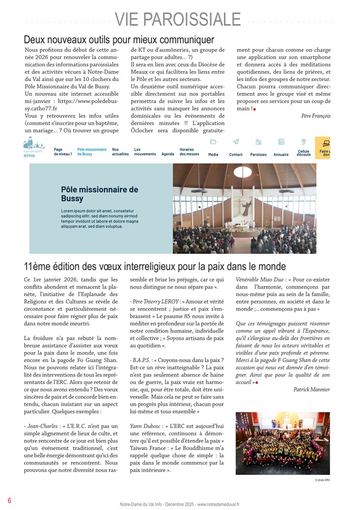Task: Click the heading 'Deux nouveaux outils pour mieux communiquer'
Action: click(x=119, y=40)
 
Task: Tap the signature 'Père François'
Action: click(x=316, y=116)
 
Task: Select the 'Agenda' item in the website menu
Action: click(x=168, y=154)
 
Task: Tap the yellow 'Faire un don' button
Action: click(x=324, y=149)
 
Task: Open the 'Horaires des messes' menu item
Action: click(x=189, y=152)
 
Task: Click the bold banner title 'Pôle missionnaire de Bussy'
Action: click(x=99, y=194)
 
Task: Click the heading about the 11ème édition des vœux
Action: click(x=155, y=266)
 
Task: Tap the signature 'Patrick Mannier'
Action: click(x=311, y=389)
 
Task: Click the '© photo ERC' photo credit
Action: click(x=322, y=480)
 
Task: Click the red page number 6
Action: click(x=9, y=500)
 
